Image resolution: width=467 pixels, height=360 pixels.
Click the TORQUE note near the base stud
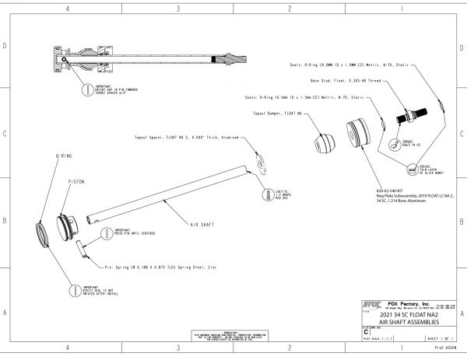pyautogui.click(x=419, y=143)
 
